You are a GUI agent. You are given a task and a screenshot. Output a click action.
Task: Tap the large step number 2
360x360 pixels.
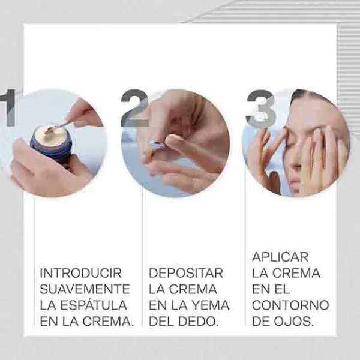click(x=135, y=108)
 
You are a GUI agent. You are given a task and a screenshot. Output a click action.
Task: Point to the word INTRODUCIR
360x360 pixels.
click(x=80, y=273)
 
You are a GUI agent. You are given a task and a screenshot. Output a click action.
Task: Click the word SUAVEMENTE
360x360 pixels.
click(x=85, y=289)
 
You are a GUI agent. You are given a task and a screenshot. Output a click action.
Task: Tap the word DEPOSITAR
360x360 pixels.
click(x=186, y=273)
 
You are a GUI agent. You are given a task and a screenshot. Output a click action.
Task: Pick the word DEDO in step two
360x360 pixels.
click(x=198, y=321)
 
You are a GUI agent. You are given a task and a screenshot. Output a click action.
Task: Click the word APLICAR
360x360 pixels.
click(x=280, y=257)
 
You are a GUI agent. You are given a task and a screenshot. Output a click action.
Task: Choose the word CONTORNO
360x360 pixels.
click(x=290, y=305)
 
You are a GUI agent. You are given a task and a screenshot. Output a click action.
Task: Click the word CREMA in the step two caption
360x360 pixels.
click(x=193, y=289)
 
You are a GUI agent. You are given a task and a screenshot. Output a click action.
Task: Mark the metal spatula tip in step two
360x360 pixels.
click(x=155, y=145)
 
